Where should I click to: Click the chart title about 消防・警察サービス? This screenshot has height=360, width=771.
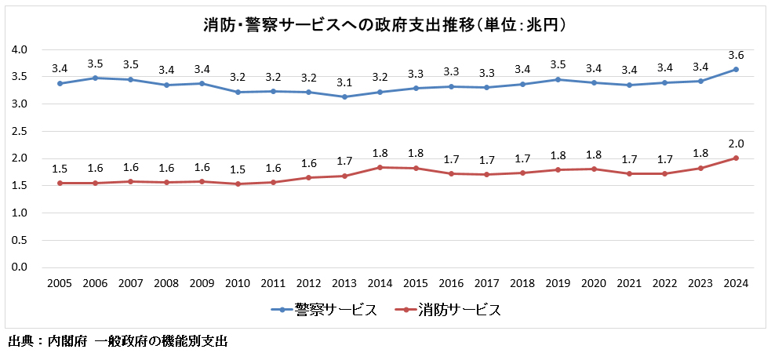click(x=385, y=24)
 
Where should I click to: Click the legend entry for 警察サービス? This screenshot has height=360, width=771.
click(x=324, y=310)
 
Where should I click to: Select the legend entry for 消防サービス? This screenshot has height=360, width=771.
click(x=448, y=310)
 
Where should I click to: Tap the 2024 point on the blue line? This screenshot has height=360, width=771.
click(x=736, y=69)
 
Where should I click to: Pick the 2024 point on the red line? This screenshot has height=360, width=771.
click(x=736, y=158)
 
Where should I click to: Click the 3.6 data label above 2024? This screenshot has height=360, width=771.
click(x=736, y=55)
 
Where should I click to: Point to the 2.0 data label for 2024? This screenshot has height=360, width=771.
click(x=736, y=144)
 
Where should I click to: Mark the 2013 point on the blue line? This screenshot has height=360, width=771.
click(x=344, y=96)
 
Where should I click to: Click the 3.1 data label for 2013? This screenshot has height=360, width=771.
click(x=344, y=82)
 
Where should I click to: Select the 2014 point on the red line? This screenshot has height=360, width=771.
click(x=380, y=167)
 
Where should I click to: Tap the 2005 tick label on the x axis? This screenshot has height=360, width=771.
click(x=60, y=284)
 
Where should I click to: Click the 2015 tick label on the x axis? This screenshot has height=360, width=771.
click(x=415, y=284)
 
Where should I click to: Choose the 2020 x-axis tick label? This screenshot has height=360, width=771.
click(x=594, y=284)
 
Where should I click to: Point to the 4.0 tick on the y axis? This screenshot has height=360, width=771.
click(x=20, y=49)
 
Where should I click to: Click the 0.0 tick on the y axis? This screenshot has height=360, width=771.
click(x=20, y=267)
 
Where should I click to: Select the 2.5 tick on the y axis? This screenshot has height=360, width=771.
click(x=20, y=131)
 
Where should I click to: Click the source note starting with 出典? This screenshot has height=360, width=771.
click(x=118, y=342)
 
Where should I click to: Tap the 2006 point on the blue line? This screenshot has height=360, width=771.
click(x=95, y=78)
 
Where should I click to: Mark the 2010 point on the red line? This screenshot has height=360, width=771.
click(x=237, y=184)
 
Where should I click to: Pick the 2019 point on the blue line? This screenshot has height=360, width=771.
click(x=558, y=79)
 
